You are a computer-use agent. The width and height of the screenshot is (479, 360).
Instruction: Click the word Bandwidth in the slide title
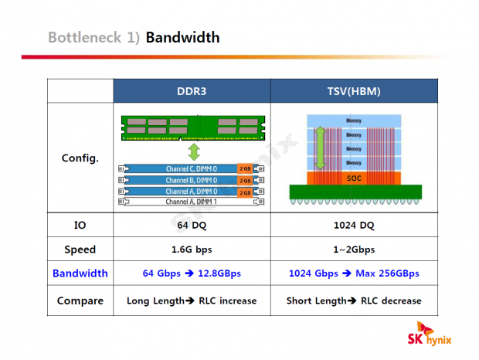182,37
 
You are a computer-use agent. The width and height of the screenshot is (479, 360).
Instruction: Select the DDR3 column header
192,91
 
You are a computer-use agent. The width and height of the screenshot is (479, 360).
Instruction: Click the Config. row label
80,158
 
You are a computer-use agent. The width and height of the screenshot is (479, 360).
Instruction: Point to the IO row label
80,225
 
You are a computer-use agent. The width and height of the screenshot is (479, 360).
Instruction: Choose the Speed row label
80,249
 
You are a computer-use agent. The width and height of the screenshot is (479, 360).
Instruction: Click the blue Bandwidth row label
80,273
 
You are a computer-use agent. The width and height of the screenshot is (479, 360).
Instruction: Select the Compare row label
80,301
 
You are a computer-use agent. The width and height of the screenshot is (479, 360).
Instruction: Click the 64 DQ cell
192,225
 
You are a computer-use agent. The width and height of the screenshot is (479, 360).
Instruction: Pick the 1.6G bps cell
192,249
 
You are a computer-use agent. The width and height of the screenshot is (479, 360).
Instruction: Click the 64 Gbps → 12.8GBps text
192,273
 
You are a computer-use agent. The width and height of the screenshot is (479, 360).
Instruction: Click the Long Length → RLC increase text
192,301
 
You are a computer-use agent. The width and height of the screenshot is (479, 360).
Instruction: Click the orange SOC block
354,178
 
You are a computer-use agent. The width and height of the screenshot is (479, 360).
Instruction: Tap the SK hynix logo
429,336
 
